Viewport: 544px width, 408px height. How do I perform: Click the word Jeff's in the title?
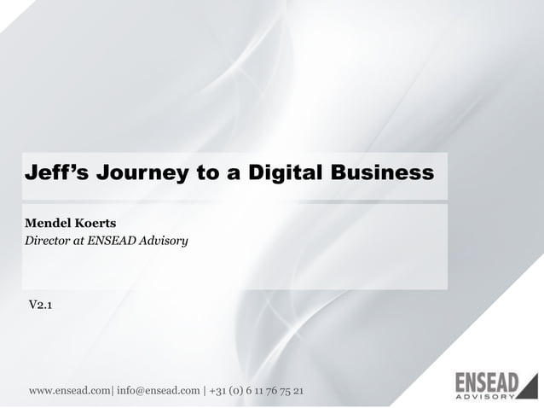pyautogui.click(x=56, y=173)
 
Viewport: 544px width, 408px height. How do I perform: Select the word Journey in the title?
pyautogui.click(x=142, y=173)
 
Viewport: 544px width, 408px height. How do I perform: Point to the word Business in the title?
pyautogui.click(x=383, y=173)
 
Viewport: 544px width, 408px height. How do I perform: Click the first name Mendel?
pyautogui.click(x=49, y=224)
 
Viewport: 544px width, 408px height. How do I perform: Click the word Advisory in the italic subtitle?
pyautogui.click(x=164, y=241)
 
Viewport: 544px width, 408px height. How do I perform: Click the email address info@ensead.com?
pyautogui.click(x=158, y=391)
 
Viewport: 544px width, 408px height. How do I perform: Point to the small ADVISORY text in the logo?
pyautogui.click(x=485, y=396)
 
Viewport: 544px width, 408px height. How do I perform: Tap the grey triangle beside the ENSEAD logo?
pyautogui.click(x=530, y=387)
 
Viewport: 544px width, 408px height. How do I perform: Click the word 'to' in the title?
pyautogui.click(x=205, y=173)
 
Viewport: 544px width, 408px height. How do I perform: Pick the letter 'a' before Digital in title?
pyautogui.click(x=232, y=173)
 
